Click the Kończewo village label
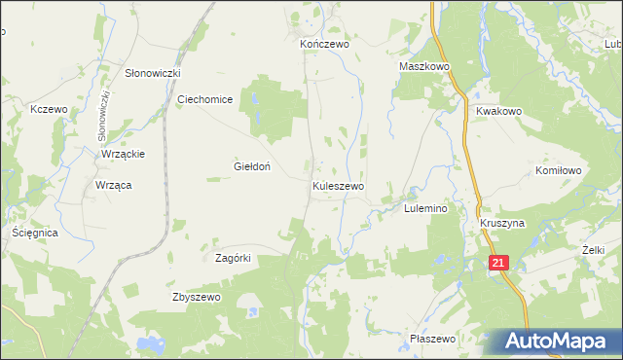323,44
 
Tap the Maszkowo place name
423,67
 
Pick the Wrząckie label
124,154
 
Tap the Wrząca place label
114,185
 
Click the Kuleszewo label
339,185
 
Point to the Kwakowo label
499,111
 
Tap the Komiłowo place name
559,170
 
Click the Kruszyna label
502,223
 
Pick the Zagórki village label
234,258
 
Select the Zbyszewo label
193,297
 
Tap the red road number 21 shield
498,263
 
